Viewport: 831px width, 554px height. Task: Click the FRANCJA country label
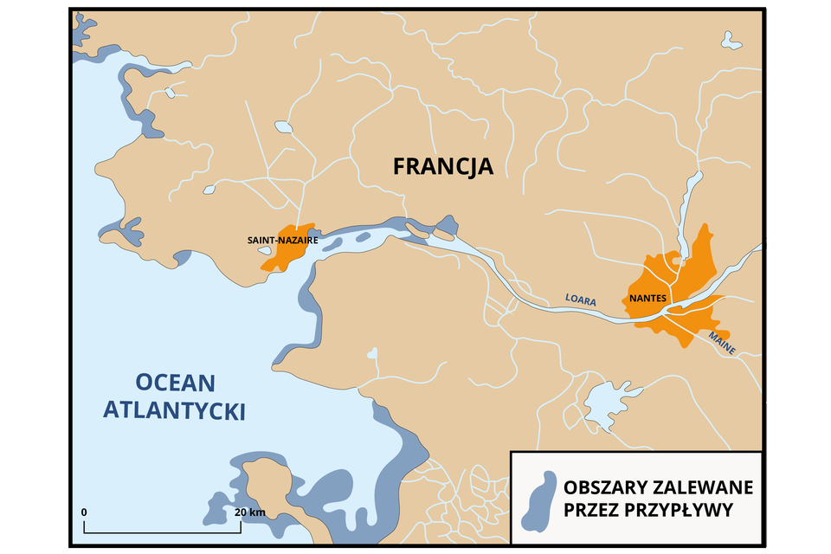pos(442,165)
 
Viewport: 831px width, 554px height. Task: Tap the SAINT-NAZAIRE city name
pos(283,240)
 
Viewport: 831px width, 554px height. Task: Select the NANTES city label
pos(647,298)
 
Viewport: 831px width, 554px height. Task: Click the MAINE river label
pos(721,344)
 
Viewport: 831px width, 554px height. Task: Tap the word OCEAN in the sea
pos(174,382)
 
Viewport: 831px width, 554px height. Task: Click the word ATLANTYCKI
pos(174,410)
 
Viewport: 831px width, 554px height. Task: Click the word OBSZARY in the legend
pos(609,486)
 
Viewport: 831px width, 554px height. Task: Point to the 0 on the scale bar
pos(84,512)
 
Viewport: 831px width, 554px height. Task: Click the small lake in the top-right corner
pos(731,40)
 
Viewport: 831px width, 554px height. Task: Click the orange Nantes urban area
pos(684,286)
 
